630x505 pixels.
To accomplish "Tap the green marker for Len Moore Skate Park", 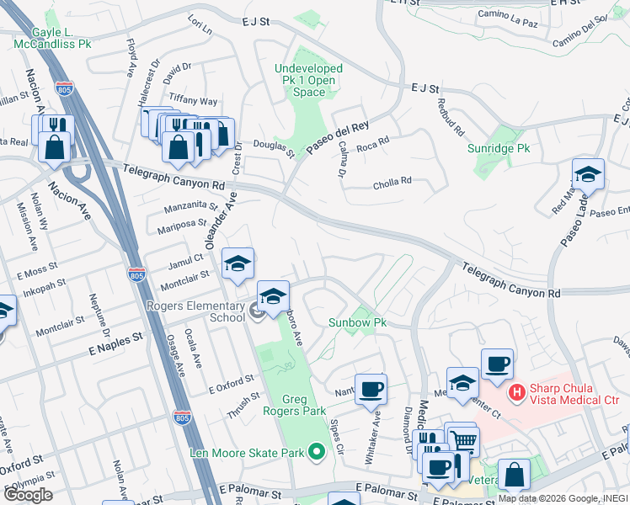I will point(317,453).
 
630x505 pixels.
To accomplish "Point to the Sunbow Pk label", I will point(356,322).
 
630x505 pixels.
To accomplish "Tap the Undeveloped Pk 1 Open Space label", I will point(308,80).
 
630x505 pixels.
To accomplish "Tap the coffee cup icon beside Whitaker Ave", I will point(371,390).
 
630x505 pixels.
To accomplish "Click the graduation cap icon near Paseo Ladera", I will point(588,174).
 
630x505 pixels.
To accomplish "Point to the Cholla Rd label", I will point(392,180).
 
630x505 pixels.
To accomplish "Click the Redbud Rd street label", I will point(451,117).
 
